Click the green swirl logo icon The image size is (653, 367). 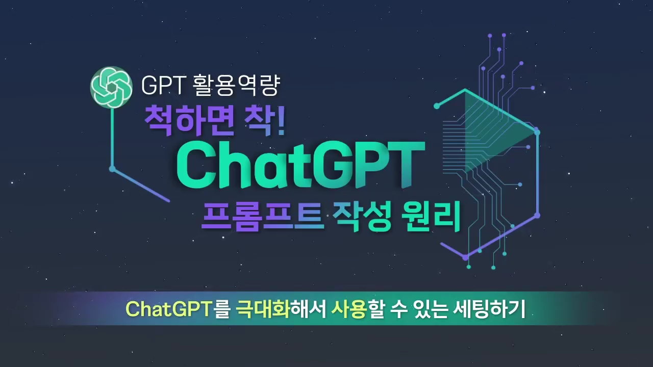coord(111,87)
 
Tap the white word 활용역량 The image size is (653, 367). coord(237,85)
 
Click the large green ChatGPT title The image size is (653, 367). coord(300,165)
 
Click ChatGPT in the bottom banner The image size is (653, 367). coord(168,309)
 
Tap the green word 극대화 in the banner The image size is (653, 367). coord(262,309)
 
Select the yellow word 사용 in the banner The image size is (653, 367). coord(349,309)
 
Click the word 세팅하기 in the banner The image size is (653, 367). coord(489,309)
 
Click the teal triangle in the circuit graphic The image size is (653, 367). coord(498,131)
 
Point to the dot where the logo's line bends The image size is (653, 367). coord(112,169)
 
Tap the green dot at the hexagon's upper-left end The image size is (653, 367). coord(437,106)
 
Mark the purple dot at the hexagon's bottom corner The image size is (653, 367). coord(466,257)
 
